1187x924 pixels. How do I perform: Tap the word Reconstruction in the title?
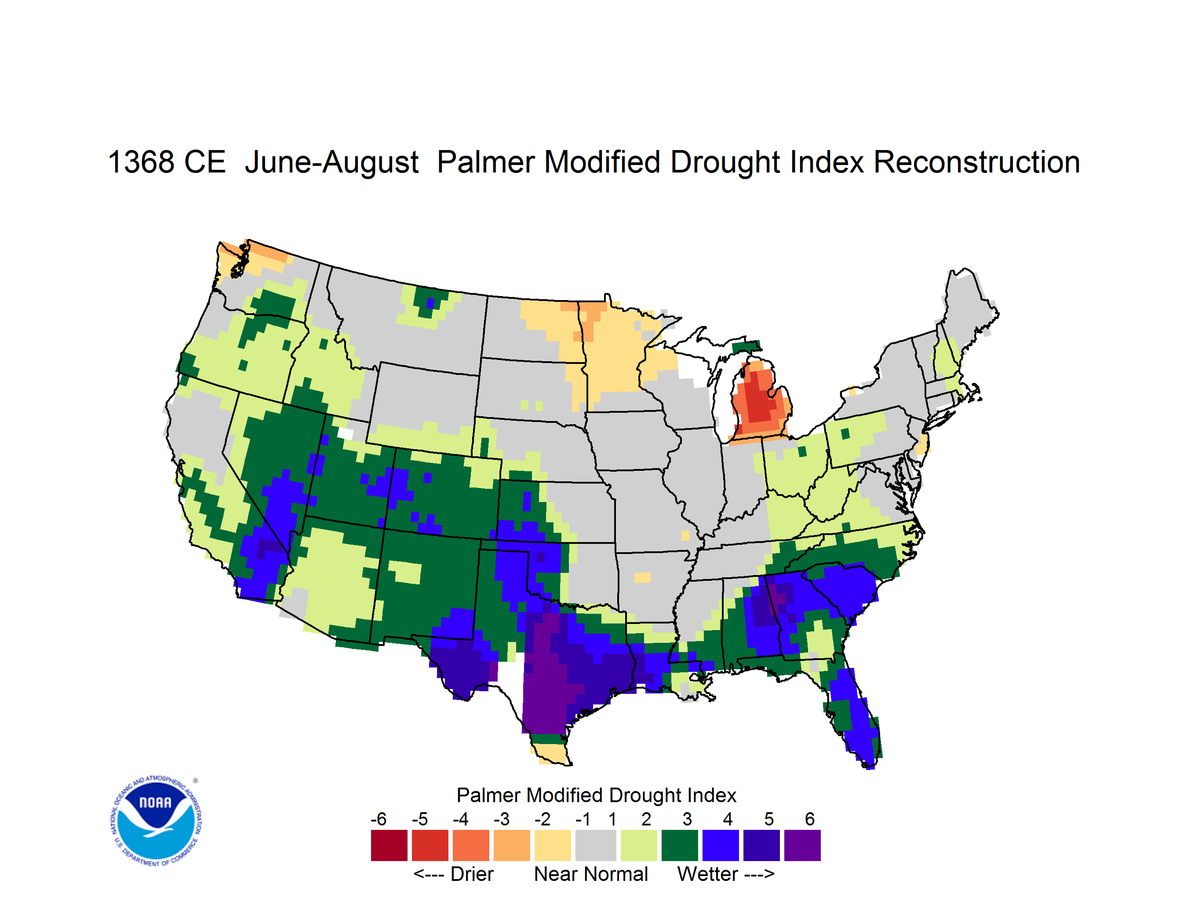[x=977, y=162]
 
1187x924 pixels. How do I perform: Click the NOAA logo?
[x=156, y=821]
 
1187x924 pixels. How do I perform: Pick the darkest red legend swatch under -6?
[x=389, y=845]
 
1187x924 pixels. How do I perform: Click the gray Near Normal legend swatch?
[x=596, y=845]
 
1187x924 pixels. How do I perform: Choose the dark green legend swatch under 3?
[x=679, y=845]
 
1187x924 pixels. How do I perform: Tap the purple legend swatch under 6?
[x=802, y=845]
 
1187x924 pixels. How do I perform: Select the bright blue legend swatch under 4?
[x=721, y=845]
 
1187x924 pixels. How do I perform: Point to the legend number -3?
[x=502, y=819]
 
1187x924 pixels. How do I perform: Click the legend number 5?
[x=769, y=819]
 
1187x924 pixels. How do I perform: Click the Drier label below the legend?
[x=472, y=874]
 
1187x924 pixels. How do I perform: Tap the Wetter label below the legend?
[x=708, y=874]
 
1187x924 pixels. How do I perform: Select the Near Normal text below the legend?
[x=591, y=874]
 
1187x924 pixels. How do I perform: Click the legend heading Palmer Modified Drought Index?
[x=596, y=795]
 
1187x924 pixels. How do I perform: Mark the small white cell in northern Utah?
[x=346, y=433]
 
